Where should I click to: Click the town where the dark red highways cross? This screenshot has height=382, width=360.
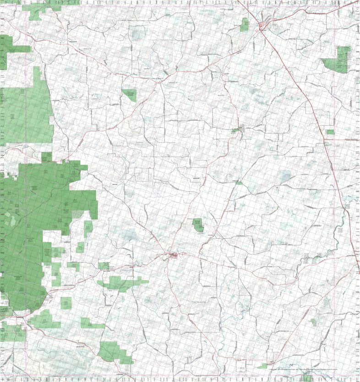coord(262,27)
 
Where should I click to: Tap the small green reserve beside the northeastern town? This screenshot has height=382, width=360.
coord(245,25)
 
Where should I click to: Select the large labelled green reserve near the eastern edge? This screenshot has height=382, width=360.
coord(339,60)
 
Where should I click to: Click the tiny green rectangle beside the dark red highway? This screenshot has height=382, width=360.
coord(330,132)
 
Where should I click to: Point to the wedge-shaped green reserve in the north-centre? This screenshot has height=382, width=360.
coord(130,94)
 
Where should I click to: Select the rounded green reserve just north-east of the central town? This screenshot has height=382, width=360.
coord(198,225)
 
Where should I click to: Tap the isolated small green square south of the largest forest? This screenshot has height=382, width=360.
coord(66,303)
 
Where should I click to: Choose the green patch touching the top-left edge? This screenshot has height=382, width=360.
coord(9,50)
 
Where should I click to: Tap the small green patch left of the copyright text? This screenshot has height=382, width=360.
coord(262,366)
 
